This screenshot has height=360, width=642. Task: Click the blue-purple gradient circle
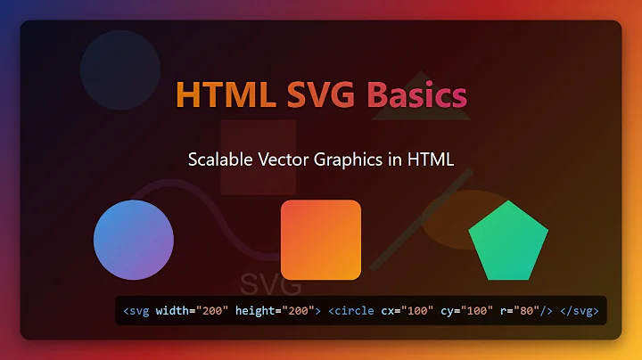[134, 240]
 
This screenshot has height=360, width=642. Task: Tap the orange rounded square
[321, 240]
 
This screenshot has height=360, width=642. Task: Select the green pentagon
[508, 242]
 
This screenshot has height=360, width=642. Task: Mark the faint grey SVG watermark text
[271, 285]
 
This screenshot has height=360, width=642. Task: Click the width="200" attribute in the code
[192, 311]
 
